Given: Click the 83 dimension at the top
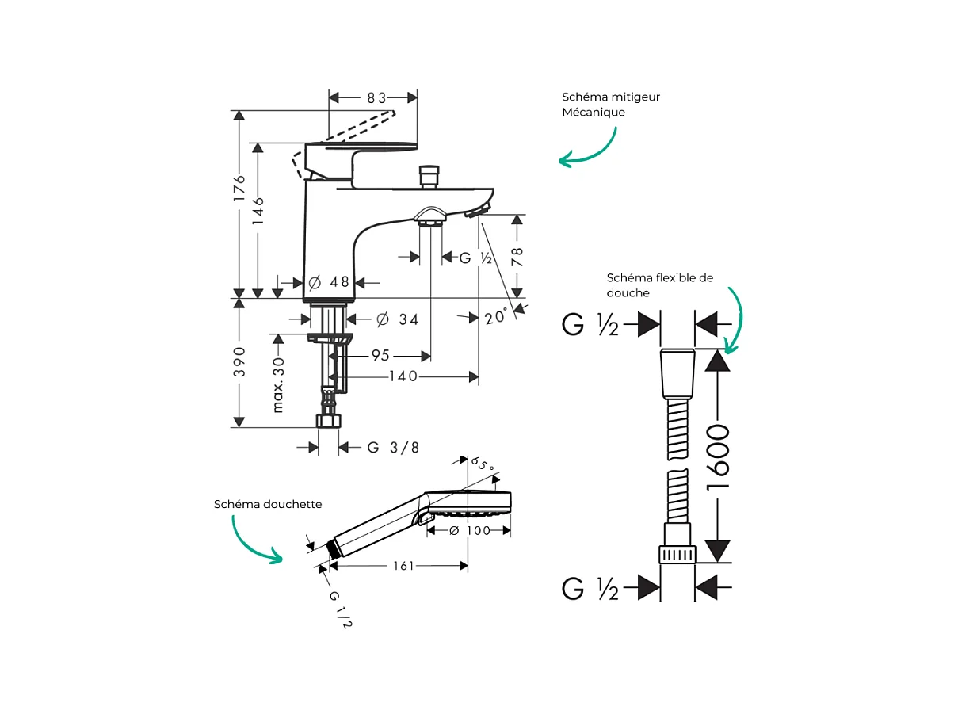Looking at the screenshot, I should tap(376, 98).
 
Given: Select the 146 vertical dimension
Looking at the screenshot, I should tap(258, 212).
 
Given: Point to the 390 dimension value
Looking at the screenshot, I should tap(239, 361).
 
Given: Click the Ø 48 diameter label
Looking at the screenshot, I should tap(329, 282).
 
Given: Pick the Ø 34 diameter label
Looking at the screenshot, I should tap(397, 319).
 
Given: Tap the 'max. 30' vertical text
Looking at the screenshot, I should tap(278, 384).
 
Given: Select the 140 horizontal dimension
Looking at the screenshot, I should tap(403, 376).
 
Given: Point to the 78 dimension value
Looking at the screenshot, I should tap(517, 255).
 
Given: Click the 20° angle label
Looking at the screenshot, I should tap(495, 318).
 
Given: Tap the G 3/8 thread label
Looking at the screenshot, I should tap(393, 448).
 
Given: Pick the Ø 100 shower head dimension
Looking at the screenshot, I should tap(469, 530).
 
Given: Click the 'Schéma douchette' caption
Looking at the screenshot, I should tap(268, 504).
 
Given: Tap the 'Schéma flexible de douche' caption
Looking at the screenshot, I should tap(659, 285).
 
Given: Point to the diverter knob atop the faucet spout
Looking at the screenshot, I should tap(429, 176).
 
